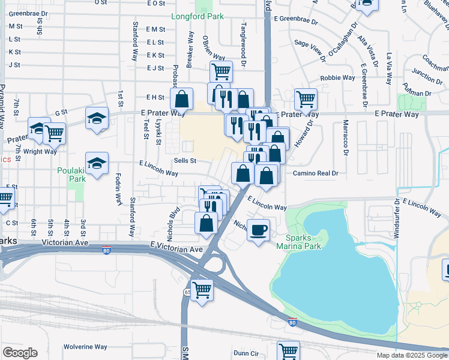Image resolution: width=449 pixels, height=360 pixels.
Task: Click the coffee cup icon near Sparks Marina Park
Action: pos(259,230)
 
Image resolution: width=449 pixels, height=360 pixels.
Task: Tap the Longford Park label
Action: pos(197,16)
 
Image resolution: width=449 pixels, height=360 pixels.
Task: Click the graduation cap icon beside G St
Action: pos(97,118)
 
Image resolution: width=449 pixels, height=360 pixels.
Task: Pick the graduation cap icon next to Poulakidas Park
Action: pos(97,163)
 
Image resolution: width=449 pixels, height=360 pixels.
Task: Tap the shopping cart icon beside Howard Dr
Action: pos(306,98)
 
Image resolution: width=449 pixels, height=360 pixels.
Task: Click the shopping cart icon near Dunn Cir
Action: pos(288,350)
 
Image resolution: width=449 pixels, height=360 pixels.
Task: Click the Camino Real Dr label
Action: pos(316,173)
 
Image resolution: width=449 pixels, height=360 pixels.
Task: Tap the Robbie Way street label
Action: pos(337,78)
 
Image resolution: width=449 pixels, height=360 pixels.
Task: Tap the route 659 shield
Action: pos(187,291)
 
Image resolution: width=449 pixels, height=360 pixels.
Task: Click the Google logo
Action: pos(20,352)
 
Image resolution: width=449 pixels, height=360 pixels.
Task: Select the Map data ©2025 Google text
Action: pos(411,355)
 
